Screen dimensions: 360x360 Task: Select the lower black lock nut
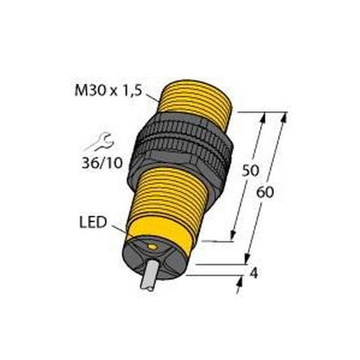[x=183, y=160]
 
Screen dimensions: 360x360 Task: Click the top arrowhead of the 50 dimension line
[x=263, y=117]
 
